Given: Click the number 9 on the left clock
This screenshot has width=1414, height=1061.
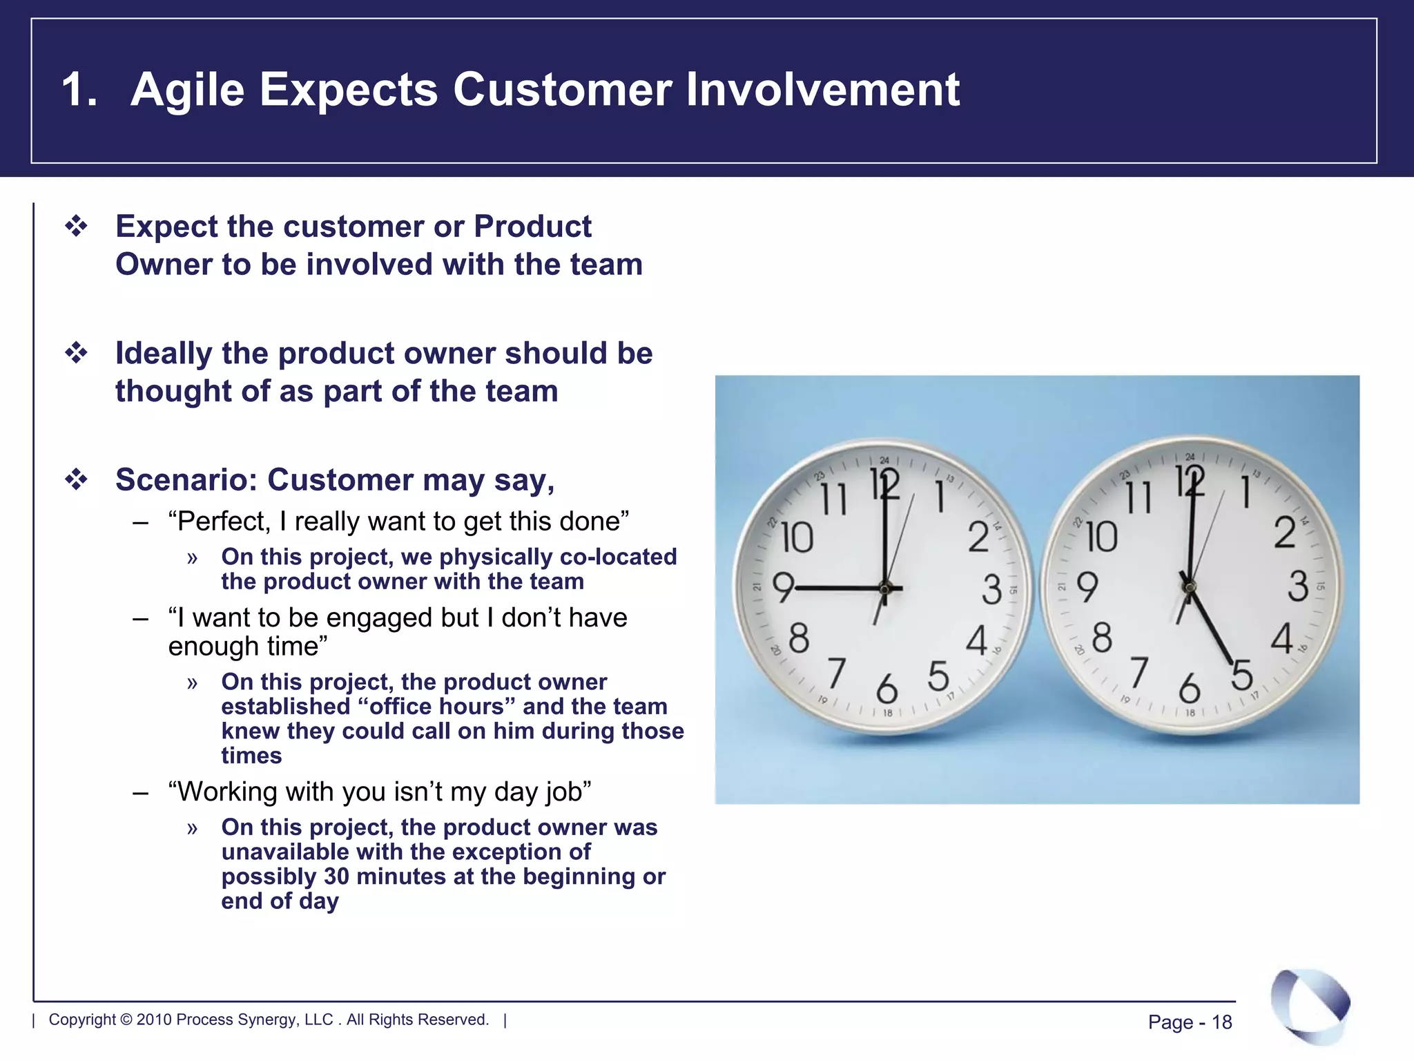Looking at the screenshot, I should (782, 588).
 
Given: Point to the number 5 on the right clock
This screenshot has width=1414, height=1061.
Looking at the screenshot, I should (1241, 674).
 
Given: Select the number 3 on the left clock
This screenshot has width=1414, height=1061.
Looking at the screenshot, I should (991, 589).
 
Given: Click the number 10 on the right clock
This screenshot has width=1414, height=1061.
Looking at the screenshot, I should (1101, 537).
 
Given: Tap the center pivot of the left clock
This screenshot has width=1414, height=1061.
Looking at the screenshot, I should (884, 589).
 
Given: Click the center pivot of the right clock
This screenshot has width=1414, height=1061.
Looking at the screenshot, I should (1189, 588).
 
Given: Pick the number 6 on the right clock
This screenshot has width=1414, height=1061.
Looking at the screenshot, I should (1189, 688).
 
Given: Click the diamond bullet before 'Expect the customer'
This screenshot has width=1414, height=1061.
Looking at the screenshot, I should (76, 227).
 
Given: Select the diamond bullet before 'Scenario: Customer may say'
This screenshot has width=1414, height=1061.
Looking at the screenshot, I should (76, 479).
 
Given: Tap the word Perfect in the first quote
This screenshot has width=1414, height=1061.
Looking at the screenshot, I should (223, 521).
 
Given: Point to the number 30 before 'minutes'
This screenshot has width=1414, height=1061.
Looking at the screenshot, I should (336, 877).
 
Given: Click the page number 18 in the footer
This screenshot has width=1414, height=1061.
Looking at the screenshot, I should (1221, 1022).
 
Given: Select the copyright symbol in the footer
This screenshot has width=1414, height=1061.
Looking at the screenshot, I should (126, 1020).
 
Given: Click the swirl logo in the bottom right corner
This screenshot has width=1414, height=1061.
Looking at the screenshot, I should (1310, 1006).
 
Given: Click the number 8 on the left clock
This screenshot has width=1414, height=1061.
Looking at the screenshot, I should (798, 638).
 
